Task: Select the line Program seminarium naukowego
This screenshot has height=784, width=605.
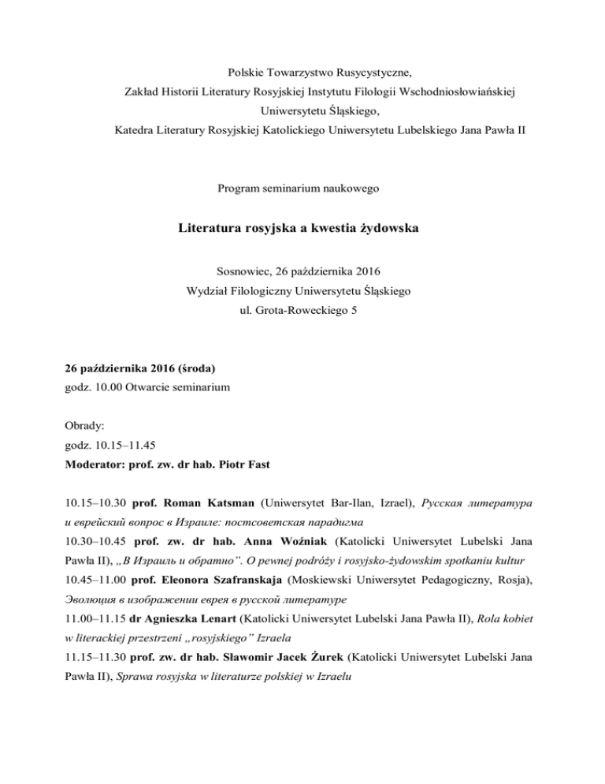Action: (x=302, y=189)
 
